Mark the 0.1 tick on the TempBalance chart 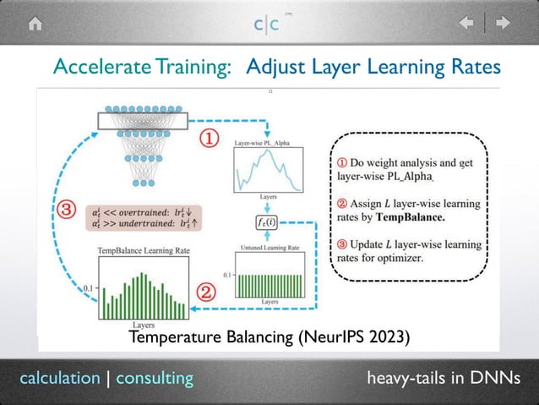88,287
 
